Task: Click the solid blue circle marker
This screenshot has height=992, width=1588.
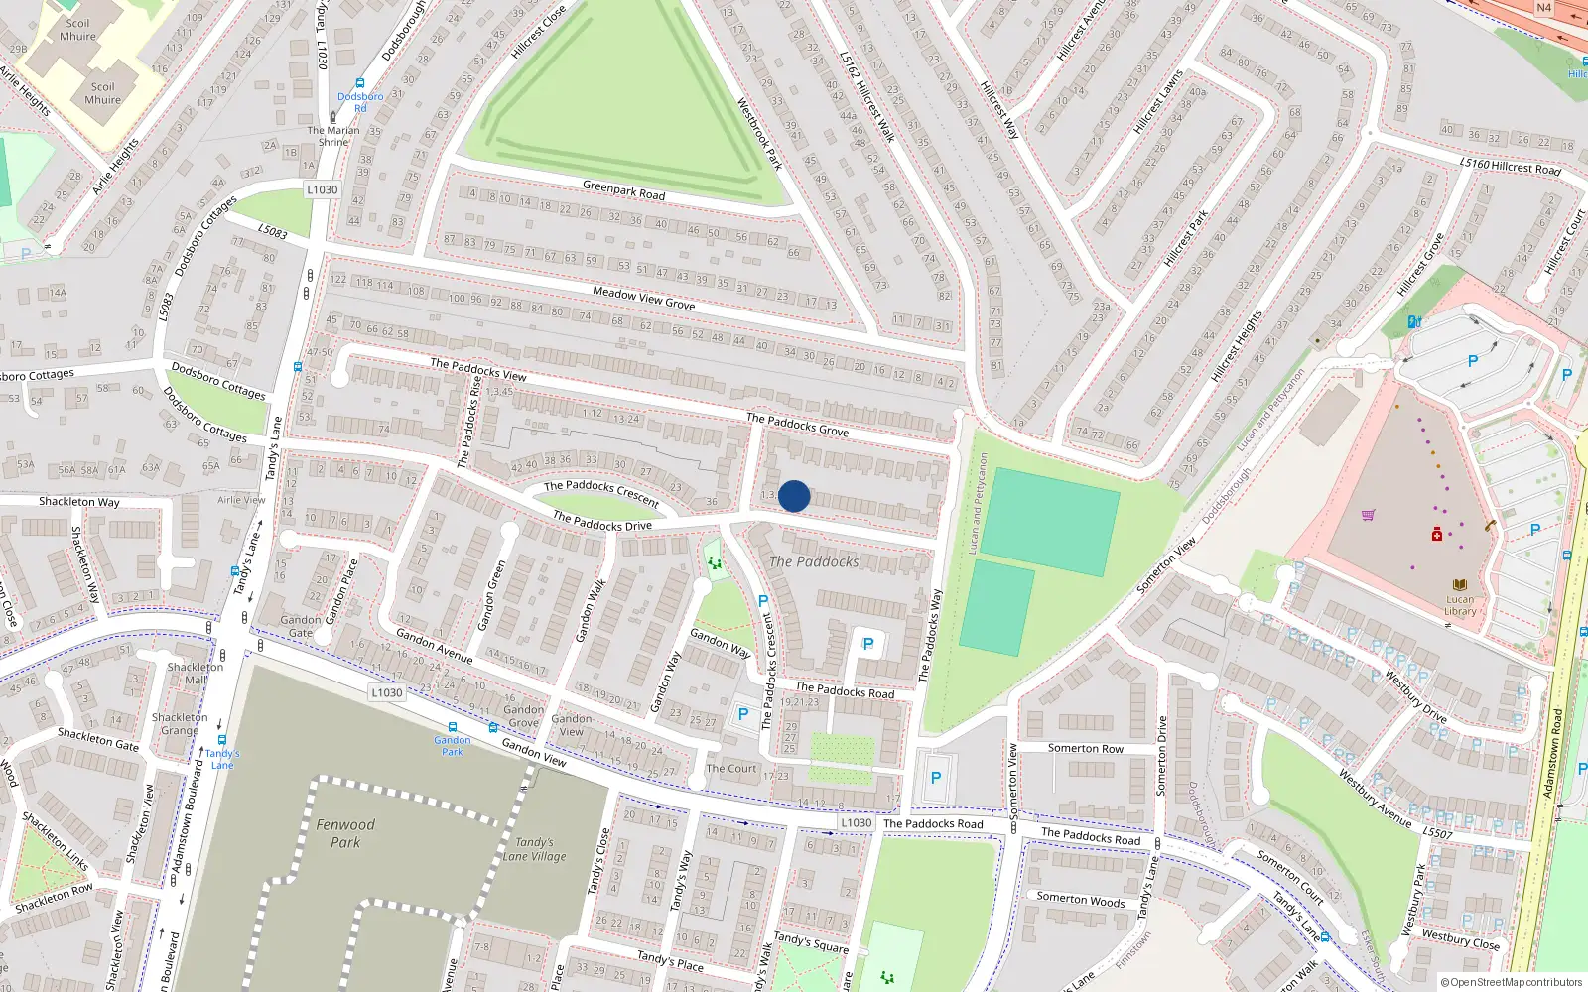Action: [x=794, y=496]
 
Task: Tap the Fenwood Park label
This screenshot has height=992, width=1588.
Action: [x=345, y=833]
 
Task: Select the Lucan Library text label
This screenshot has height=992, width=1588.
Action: [x=1460, y=605]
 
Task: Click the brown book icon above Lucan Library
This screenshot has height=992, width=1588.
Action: [x=1460, y=585]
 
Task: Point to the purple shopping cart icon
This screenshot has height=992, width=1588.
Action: [x=1369, y=515]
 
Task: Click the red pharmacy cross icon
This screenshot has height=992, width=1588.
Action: [x=1437, y=535]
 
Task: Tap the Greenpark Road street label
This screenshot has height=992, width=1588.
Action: [x=623, y=189]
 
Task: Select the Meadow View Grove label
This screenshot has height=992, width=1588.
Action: [x=643, y=297]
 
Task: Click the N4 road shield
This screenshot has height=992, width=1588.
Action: [x=1543, y=8]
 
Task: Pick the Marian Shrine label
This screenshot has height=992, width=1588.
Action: [x=333, y=136]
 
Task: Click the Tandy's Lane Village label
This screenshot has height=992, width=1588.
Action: [x=534, y=849]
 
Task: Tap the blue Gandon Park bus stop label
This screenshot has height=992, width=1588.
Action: [x=453, y=745]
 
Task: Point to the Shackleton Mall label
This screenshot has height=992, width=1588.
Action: [x=196, y=673]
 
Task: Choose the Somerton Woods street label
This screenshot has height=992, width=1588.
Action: [x=1081, y=900]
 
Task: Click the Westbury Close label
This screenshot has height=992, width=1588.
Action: [x=1460, y=938]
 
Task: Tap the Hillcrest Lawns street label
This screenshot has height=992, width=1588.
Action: [x=1158, y=101]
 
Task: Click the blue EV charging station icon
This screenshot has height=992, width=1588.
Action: [x=1415, y=321]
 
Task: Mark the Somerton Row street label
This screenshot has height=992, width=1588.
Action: [x=1086, y=748]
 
